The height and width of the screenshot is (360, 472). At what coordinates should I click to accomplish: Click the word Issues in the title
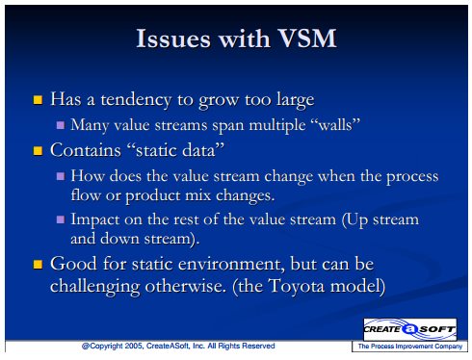tap(173, 39)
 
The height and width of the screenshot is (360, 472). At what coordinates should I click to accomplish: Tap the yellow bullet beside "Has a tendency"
tap(38, 100)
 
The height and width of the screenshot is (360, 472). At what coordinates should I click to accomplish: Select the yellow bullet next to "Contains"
tap(38, 151)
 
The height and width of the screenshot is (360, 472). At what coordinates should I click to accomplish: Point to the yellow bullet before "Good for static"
tap(38, 265)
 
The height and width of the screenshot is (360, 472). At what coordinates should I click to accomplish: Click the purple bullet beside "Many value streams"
tap(61, 125)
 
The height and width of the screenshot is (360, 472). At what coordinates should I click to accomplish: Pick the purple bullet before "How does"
tap(61, 176)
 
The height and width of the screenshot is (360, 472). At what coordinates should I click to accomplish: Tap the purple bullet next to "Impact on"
tap(61, 219)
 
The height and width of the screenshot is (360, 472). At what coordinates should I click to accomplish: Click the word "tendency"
tap(136, 100)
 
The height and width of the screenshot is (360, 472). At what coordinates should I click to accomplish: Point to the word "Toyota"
tap(297, 286)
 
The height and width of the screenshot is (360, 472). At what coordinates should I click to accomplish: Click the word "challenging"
tap(95, 286)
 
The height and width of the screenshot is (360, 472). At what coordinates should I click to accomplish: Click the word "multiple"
tap(277, 125)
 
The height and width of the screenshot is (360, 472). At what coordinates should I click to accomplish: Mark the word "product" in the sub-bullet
tap(153, 195)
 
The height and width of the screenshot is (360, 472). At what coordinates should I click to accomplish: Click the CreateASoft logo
tap(409, 329)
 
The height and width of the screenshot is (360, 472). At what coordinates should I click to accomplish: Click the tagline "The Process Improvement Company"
tap(410, 347)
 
